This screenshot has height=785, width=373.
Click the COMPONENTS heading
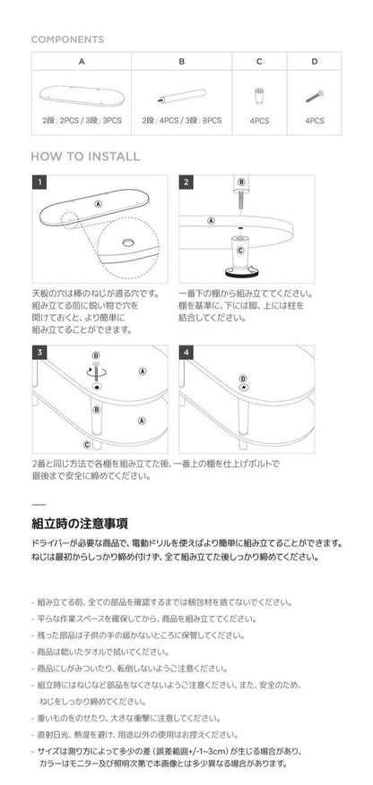pyautogui.click(x=67, y=39)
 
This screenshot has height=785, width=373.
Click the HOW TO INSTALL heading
pyautogui.click(x=85, y=156)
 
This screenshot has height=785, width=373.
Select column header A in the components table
pyautogui.click(x=82, y=62)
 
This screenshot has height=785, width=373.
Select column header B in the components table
pyautogui.click(x=182, y=62)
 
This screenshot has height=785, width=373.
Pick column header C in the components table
pyautogui.click(x=259, y=62)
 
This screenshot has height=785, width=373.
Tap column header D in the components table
pyautogui.click(x=314, y=62)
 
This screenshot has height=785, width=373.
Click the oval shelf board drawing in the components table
pyautogui.click(x=82, y=94)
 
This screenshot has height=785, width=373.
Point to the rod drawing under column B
pyautogui.click(x=182, y=94)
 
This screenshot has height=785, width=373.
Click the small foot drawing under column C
pyautogui.click(x=259, y=94)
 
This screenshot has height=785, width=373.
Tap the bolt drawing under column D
pyautogui.click(x=314, y=95)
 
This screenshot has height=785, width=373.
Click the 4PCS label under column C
pyautogui.click(x=259, y=120)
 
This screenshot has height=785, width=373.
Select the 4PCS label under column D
pyautogui.click(x=314, y=120)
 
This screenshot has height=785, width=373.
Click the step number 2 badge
pyautogui.click(x=186, y=183)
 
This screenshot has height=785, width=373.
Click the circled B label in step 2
pyautogui.click(x=240, y=182)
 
